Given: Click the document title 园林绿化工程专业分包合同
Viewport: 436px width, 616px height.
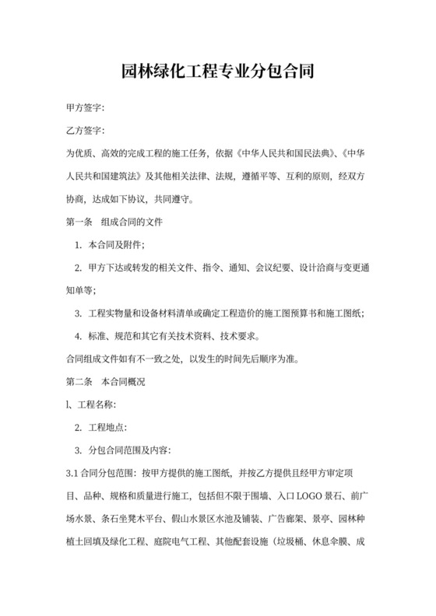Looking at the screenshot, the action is (217, 74).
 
